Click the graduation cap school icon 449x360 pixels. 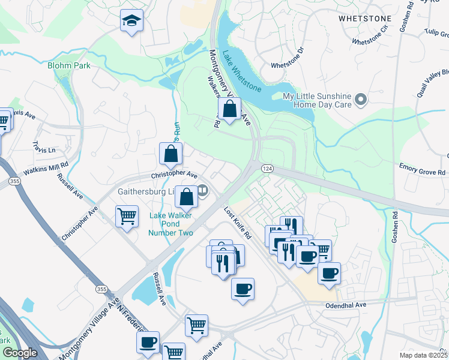pyautogui.click(x=130, y=22)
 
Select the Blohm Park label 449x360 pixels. pyautogui.click(x=69, y=65)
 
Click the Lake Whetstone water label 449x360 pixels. pyautogui.click(x=242, y=71)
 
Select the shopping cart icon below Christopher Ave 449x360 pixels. pyautogui.click(x=127, y=216)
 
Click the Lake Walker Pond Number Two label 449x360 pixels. pyautogui.click(x=172, y=224)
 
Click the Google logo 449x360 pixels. pyautogui.click(x=20, y=353)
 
